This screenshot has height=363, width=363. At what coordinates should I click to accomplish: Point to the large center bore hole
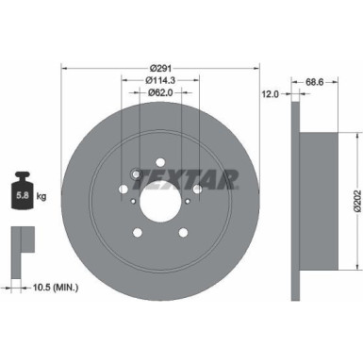161,199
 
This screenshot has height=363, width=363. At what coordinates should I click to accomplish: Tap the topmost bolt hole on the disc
161,161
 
